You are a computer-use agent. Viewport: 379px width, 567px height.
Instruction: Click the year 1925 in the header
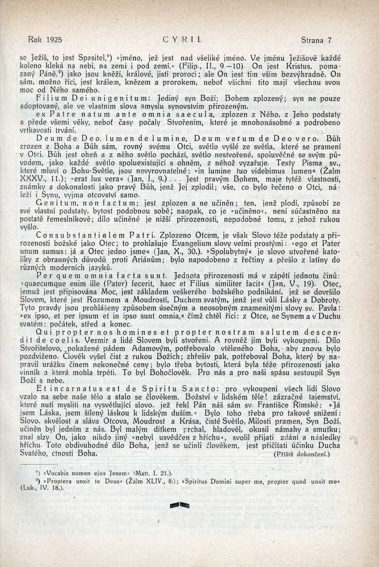(55, 40)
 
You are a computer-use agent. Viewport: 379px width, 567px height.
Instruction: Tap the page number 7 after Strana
(329, 40)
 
